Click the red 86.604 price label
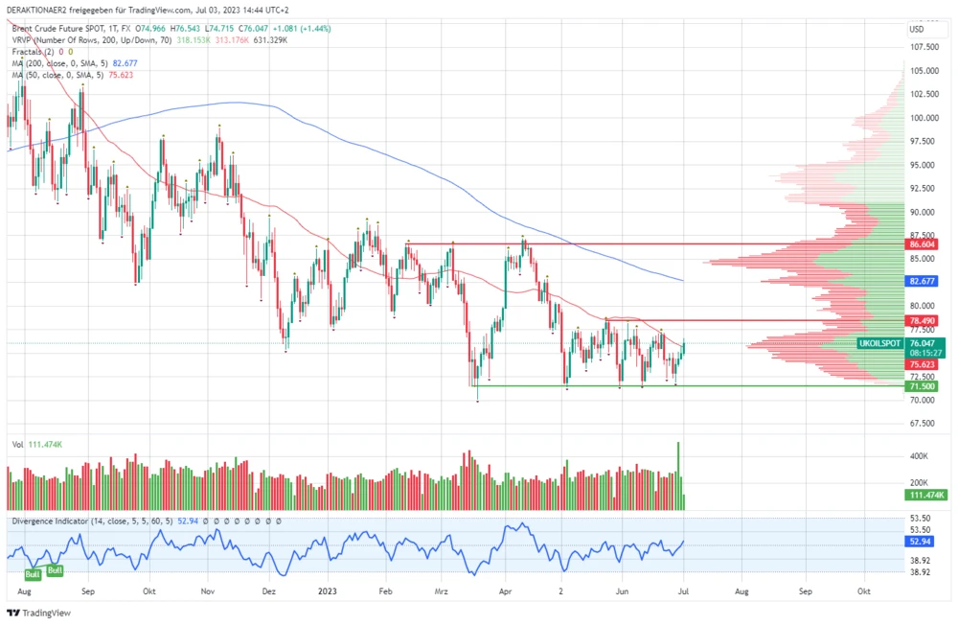(x=922, y=244)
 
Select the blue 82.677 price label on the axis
(x=922, y=281)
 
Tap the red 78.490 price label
(x=922, y=320)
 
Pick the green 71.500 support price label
(x=922, y=386)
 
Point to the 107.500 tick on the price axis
(x=923, y=47)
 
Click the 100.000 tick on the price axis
(x=923, y=118)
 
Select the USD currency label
(x=916, y=29)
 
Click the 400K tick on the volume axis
(x=920, y=456)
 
